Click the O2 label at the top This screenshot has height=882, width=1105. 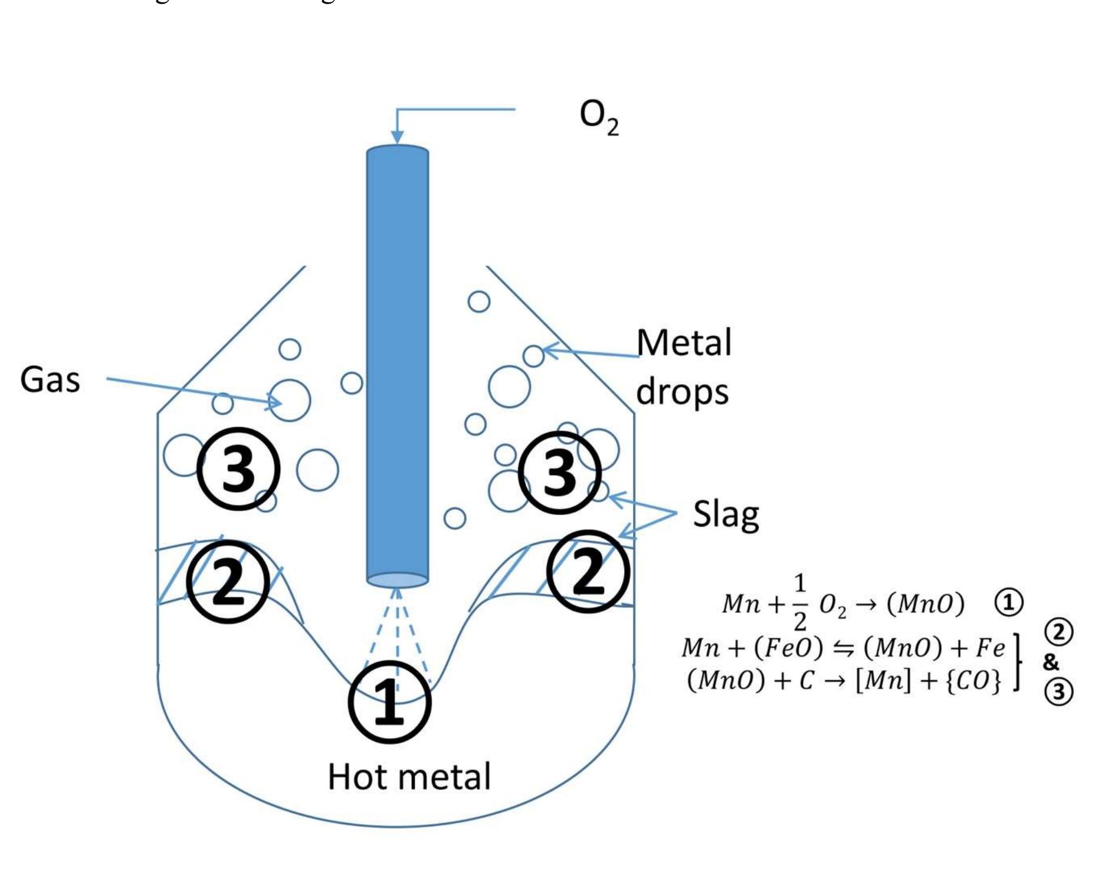tap(599, 119)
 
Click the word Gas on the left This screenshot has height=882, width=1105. tap(50, 379)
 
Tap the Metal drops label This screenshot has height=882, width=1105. tap(683, 366)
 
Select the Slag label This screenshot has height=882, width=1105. tap(726, 514)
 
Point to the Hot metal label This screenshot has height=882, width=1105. tap(409, 776)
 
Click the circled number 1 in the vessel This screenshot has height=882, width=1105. tap(389, 703)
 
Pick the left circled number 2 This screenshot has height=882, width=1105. tap(228, 582)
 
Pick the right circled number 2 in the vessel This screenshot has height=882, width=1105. tap(588, 571)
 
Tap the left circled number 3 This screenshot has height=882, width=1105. tap(238, 469)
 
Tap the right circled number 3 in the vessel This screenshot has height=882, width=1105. tap(559, 473)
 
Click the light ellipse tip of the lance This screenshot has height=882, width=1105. tap(397, 580)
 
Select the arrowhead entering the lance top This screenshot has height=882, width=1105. tap(397, 136)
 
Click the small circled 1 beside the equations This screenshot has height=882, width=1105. tap(1009, 603)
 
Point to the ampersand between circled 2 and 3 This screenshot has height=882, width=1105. tap(1051, 661)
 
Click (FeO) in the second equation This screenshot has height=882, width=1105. tap(788, 648)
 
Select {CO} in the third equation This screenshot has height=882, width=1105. tap(973, 681)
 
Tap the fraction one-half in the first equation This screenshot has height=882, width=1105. tap(799, 603)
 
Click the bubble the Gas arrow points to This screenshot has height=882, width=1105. tap(289, 401)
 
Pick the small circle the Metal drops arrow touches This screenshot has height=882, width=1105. tap(533, 356)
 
